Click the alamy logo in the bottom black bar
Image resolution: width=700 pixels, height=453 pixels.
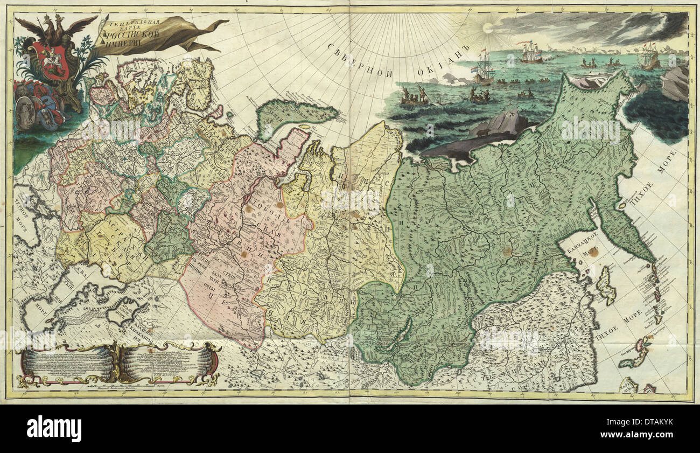pyautogui.click(x=54, y=429)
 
